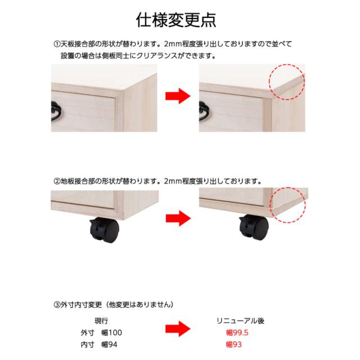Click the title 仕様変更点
(176, 20)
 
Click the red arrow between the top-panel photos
(178, 96)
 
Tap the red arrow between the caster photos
(178, 218)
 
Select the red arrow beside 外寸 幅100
(178, 329)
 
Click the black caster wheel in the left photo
(105, 230)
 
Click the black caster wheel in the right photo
(254, 228)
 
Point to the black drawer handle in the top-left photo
(55, 111)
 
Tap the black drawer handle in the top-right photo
(202, 111)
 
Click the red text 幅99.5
(237, 332)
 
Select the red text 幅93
(234, 345)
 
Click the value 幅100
(111, 332)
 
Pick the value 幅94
(109, 345)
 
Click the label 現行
(101, 321)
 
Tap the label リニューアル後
(240, 321)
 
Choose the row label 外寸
(87, 332)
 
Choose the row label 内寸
(87, 345)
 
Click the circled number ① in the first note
(57, 44)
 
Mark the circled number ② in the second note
(57, 181)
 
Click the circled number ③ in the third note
(57, 305)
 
